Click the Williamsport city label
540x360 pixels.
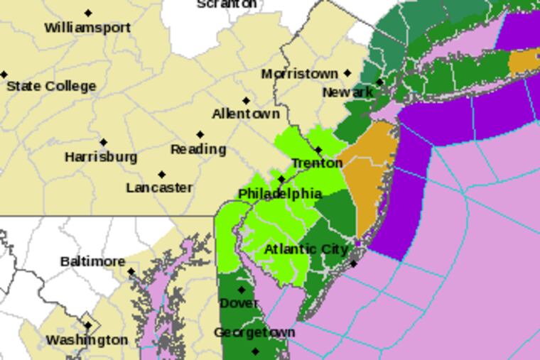pos(87,28)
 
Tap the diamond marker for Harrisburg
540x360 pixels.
pos(104,142)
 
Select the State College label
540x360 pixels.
pos(51,86)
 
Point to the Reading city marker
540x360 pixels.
pos(200,134)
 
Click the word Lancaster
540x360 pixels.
pos(159,188)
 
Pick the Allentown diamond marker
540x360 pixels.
pos(247,101)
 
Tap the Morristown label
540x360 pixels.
pos(299,74)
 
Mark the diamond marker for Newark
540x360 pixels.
pos(379,82)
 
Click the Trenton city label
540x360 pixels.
pos(317,163)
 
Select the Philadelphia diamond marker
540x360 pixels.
pos(281,179)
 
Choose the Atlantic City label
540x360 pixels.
pos(306,249)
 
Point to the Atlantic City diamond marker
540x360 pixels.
pos(354,264)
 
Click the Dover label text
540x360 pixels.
pos(239,303)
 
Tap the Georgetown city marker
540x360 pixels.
pos(256,351)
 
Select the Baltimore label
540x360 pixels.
pos(92,261)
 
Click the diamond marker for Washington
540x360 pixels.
pos(88,326)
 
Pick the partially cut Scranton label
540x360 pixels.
pos(227,4)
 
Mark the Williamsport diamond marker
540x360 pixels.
pos(88,13)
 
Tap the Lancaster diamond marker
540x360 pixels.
pos(162,174)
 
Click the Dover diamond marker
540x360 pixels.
pos(242,290)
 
